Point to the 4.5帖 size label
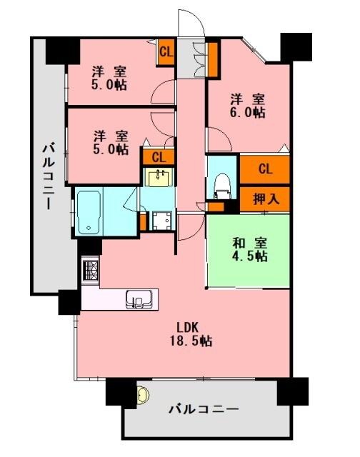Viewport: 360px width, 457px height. pyautogui.click(x=249, y=256)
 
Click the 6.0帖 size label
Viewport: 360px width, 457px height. pyautogui.click(x=249, y=112)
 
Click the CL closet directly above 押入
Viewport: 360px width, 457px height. pyautogui.click(x=266, y=169)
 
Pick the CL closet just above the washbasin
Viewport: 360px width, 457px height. pyautogui.click(x=159, y=158)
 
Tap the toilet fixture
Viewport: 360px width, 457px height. pyautogui.click(x=220, y=185)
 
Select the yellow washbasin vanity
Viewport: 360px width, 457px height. pyautogui.click(x=158, y=177)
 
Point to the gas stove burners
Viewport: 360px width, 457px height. pyautogui.click(x=91, y=271)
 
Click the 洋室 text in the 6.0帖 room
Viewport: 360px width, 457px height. pyautogui.click(x=249, y=98)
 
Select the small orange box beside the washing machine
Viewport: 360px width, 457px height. pyautogui.click(x=144, y=221)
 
